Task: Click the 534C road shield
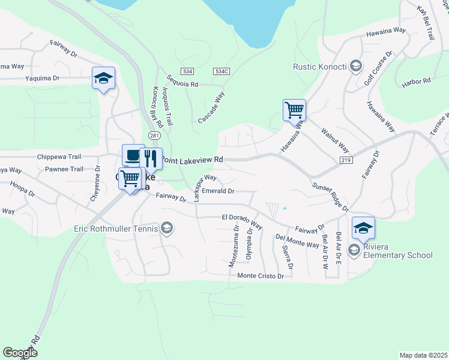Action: (221, 71)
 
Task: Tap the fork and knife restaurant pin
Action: (150, 159)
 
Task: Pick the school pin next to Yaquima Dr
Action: (103, 78)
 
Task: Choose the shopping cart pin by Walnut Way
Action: (294, 110)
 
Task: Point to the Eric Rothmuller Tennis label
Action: (116, 228)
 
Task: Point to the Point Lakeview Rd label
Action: (193, 160)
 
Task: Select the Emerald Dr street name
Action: (218, 191)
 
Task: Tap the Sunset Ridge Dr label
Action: (330, 197)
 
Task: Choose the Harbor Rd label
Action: (417, 80)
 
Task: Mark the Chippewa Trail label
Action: (58, 156)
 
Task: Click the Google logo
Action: (20, 353)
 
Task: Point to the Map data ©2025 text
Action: (423, 355)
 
